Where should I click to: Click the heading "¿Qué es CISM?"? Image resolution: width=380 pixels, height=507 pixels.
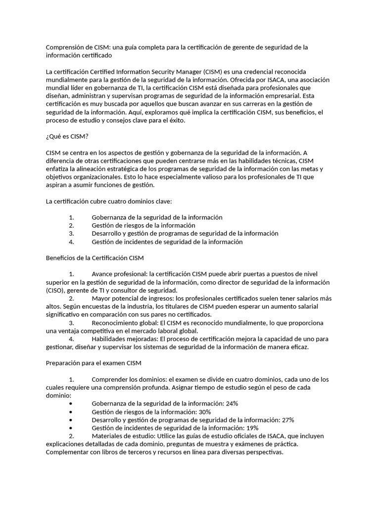[67, 137]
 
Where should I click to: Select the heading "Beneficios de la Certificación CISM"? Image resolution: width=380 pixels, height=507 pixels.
[95, 258]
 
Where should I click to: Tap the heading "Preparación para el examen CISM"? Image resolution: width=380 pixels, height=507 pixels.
[94, 363]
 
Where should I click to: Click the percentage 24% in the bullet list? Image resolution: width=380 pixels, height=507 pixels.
[232, 404]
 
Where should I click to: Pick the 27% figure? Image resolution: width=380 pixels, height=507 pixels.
[287, 420]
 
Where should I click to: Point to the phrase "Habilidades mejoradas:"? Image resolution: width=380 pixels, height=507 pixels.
[124, 339]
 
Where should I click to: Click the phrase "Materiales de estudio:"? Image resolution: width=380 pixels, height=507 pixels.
[124, 436]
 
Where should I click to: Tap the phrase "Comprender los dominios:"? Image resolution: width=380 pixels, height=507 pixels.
[129, 380]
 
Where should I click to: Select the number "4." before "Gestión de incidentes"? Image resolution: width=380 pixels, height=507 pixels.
[71, 242]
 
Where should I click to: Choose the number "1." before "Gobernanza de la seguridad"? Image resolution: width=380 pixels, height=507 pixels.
[71, 217]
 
